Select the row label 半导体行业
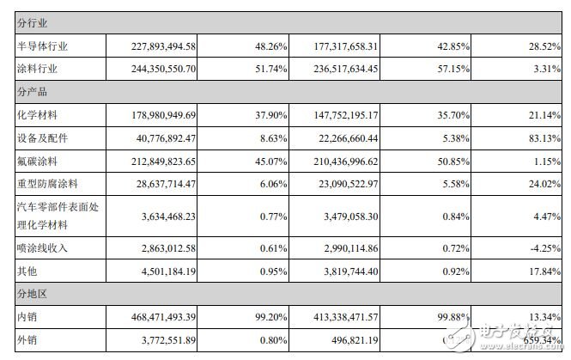pyautogui.click(x=42, y=46)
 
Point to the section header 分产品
pyautogui.click(x=32, y=89)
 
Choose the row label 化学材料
pyautogui.click(x=37, y=113)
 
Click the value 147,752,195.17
pyautogui.click(x=345, y=113)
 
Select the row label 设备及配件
pyautogui.click(x=42, y=136)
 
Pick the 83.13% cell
pyautogui.click(x=544, y=136)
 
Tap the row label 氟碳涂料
pyautogui.click(x=37, y=159)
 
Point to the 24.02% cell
pyautogui.click(x=544, y=182)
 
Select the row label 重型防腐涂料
pyautogui.click(x=47, y=182)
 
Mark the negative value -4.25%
pyautogui.click(x=545, y=248)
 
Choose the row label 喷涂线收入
pyautogui.click(x=42, y=248)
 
